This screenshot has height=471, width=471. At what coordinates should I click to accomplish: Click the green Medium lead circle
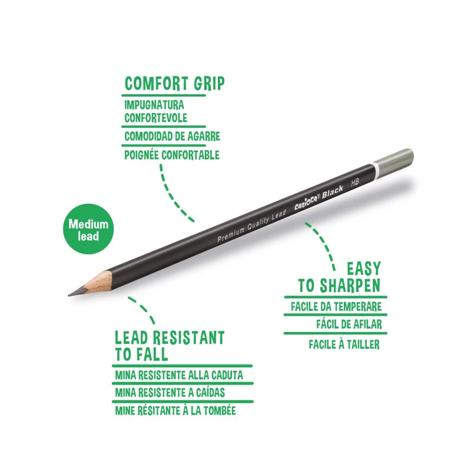pyautogui.click(x=88, y=229)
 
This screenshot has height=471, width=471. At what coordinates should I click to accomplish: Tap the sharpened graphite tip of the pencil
pyautogui.click(x=78, y=292)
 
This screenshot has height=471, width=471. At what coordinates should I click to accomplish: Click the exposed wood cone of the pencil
pyautogui.click(x=98, y=283)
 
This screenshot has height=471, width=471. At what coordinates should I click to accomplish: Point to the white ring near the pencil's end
pyautogui.click(x=373, y=171)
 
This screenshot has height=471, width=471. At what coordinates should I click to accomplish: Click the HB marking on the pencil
pyautogui.click(x=355, y=183)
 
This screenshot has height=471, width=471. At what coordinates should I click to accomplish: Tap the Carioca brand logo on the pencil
pyautogui.click(x=307, y=202)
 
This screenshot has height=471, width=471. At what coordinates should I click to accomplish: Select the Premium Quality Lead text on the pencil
pyautogui.click(x=252, y=226)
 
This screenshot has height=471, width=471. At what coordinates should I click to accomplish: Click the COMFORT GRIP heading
pyautogui.click(x=174, y=84)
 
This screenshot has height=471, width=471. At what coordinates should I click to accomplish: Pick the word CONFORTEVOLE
pyautogui.click(x=155, y=118)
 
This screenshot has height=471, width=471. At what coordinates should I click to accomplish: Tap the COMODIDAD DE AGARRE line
pyautogui.click(x=172, y=137)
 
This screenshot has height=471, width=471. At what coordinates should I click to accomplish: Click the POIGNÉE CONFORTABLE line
pyautogui.click(x=172, y=155)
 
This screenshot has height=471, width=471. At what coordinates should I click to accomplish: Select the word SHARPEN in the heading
pyautogui.click(x=350, y=286)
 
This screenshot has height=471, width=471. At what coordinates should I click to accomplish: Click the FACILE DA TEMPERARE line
pyautogui.click(x=336, y=307)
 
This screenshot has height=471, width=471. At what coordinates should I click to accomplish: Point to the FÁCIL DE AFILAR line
pyautogui.click(x=349, y=324)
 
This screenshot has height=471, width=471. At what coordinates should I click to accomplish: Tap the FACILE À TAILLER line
pyautogui.click(x=344, y=344)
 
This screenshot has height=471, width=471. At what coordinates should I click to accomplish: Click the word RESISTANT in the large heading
pyautogui.click(x=188, y=338)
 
